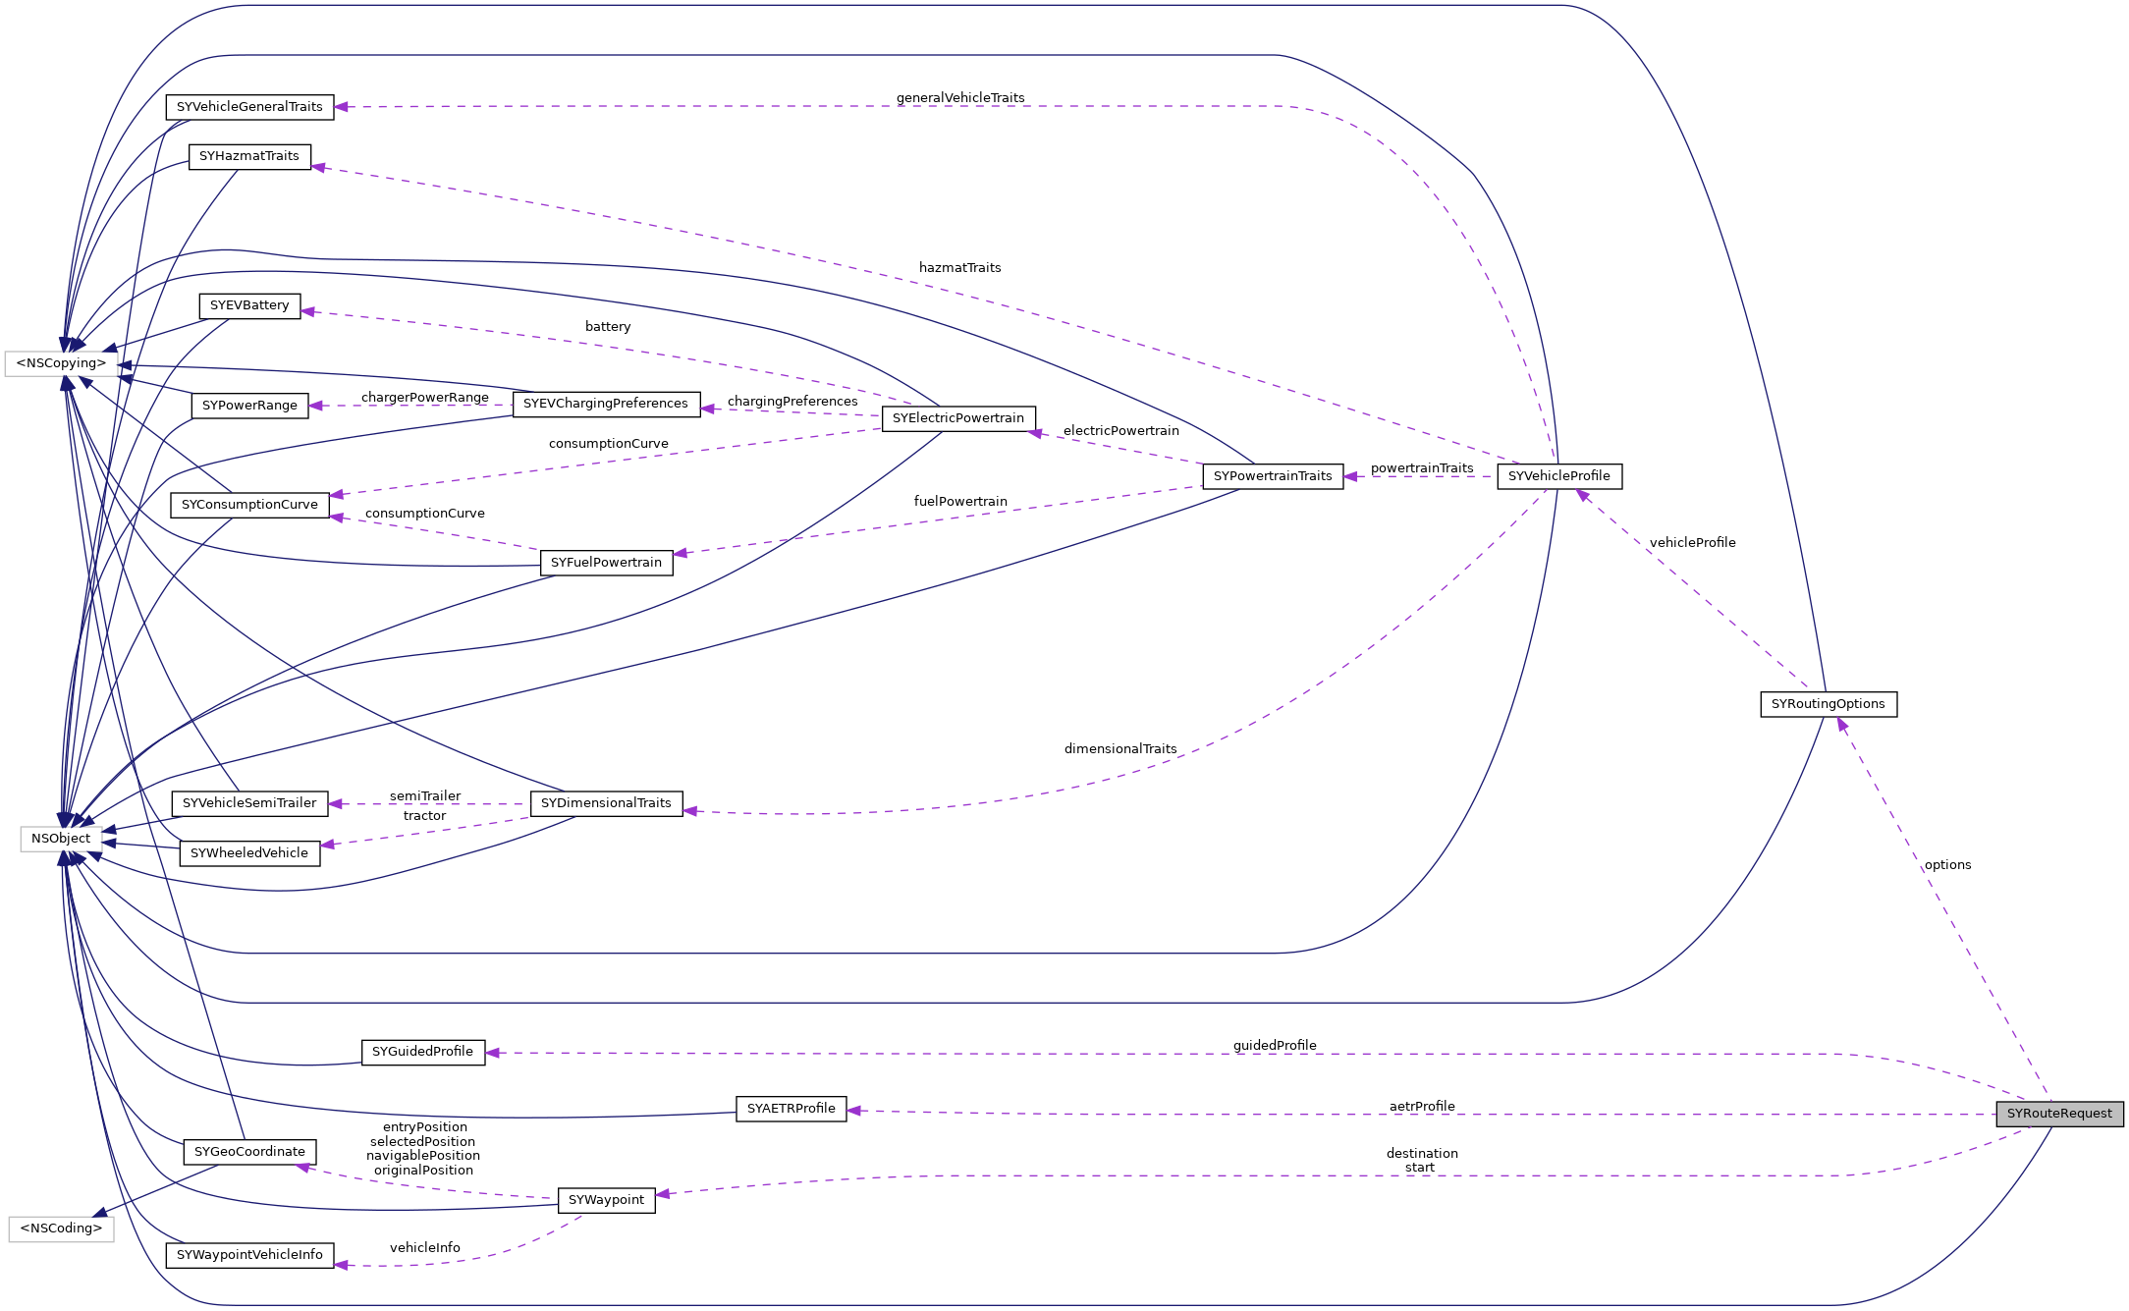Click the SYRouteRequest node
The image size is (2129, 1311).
2058,1114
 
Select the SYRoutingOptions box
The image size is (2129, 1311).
1828,704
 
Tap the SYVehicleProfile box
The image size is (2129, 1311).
1558,476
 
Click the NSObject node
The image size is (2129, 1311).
61,839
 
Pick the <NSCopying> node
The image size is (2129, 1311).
61,363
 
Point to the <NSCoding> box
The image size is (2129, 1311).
61,1229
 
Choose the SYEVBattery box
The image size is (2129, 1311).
249,305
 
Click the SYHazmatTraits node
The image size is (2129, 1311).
249,156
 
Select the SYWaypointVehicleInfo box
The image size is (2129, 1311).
249,1255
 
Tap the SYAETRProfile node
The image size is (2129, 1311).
791,1109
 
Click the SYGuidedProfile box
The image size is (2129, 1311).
422,1052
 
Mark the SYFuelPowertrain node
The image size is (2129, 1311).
606,563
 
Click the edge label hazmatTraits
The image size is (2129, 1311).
959,268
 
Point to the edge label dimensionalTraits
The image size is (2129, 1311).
1119,749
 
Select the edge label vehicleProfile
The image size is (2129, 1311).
1692,543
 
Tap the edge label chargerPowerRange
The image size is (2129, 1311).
424,398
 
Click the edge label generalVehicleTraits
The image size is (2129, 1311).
959,98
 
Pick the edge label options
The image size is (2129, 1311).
1947,865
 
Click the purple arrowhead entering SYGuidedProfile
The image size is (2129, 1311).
493,1053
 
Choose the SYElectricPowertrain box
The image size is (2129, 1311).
957,418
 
